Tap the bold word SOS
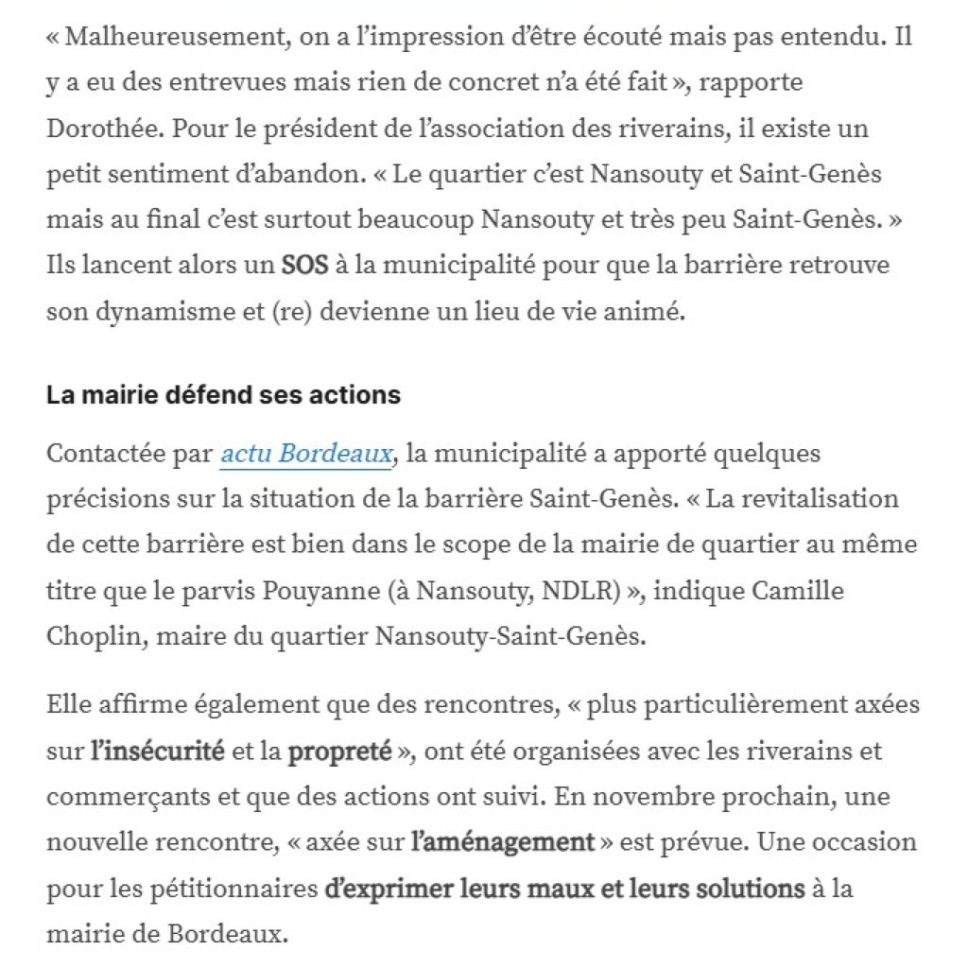click(x=304, y=265)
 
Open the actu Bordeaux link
click(x=305, y=455)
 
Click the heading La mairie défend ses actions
click(x=223, y=394)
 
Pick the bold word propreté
click(x=339, y=752)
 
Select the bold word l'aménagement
click(x=503, y=842)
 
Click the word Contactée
click(x=106, y=455)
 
